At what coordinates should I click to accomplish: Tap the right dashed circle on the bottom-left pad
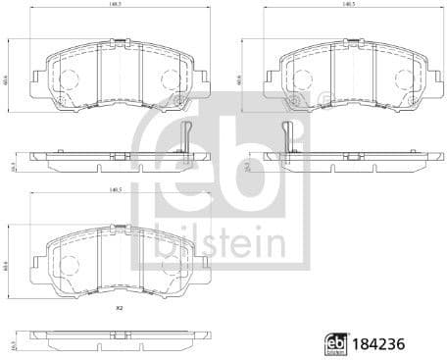(x=170, y=265)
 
